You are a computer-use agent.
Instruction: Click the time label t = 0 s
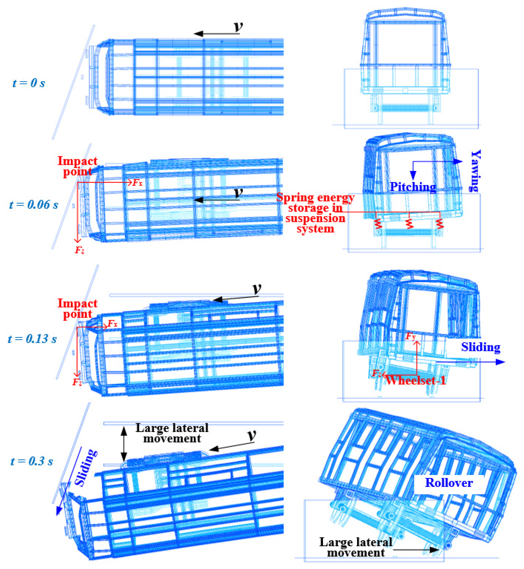[29, 83]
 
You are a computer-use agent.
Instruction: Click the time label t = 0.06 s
[33, 204]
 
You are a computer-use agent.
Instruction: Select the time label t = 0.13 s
[32, 339]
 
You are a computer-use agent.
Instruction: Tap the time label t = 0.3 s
[32, 461]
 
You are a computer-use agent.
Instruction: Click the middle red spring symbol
[409, 224]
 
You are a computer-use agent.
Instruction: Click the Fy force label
[411, 337]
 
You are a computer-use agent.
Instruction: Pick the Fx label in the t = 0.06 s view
[137, 183]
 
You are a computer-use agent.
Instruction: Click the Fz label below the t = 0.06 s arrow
[79, 250]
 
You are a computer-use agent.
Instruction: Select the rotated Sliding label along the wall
[85, 468]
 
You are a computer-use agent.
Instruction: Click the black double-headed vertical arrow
[124, 444]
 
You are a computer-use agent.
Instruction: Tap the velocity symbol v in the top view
[239, 26]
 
